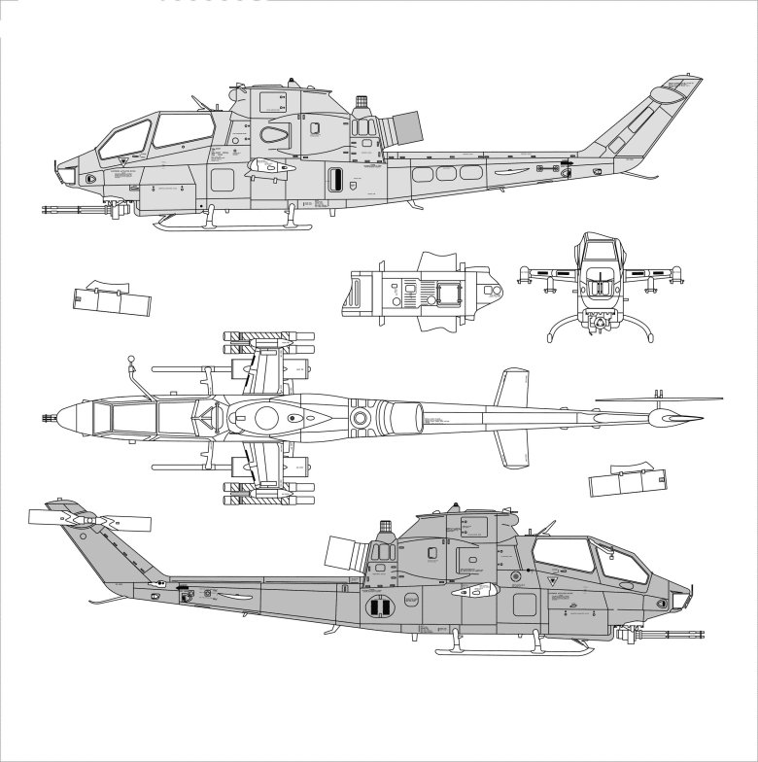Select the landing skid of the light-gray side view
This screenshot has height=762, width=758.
click(233, 226)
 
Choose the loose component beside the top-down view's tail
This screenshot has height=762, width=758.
click(630, 480)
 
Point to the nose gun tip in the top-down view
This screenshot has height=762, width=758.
click(48, 419)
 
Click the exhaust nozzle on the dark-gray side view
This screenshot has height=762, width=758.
click(344, 555)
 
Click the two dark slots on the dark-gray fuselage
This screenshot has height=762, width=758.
click(377, 607)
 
